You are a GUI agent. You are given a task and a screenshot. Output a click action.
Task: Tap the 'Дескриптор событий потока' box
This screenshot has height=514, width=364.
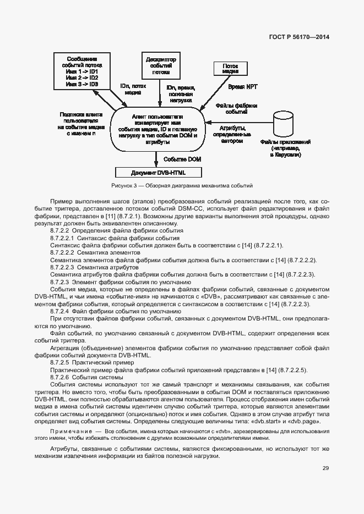point(161,65)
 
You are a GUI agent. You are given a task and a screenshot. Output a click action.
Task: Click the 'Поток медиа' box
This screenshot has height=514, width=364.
point(230,68)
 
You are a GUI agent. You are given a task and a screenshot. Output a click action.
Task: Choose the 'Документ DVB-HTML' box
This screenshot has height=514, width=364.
point(161,172)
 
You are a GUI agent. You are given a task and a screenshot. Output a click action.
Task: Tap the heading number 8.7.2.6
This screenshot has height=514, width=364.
point(59,378)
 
